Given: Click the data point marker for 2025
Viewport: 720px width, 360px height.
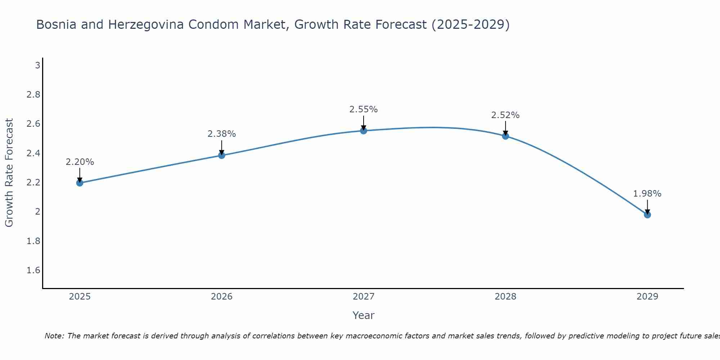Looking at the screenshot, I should click(80, 183).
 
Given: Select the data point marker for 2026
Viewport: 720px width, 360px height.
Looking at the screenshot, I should click(222, 155).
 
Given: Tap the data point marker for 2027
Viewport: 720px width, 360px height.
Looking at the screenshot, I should click(364, 131).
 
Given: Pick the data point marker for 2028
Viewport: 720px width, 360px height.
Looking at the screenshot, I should click(505, 136).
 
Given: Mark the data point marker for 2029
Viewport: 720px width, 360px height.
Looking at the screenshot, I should click(647, 215).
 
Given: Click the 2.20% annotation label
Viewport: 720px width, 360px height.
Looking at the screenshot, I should click(80, 162).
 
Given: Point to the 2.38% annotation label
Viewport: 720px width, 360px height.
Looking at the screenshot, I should click(222, 134).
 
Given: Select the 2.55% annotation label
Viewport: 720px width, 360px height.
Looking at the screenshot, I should click(364, 109).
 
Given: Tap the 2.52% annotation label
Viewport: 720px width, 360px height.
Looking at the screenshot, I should click(505, 115).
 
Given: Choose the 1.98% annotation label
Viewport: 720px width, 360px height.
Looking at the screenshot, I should click(647, 194).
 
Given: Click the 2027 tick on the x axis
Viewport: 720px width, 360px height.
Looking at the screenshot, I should click(364, 297).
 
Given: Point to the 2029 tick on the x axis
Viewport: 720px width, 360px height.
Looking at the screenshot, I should click(647, 297).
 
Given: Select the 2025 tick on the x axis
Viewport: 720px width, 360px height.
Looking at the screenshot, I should click(80, 297).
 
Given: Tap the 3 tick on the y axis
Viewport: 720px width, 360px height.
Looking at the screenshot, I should click(37, 66).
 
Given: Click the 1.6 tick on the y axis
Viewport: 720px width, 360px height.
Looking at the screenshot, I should click(33, 270).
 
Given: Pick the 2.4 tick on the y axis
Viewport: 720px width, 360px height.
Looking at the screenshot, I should click(33, 153).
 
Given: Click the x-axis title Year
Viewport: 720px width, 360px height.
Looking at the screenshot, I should click(364, 315).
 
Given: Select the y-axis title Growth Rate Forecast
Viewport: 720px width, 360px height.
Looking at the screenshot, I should click(9, 173).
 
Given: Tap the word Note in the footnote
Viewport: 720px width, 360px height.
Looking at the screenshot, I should click(54, 336).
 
